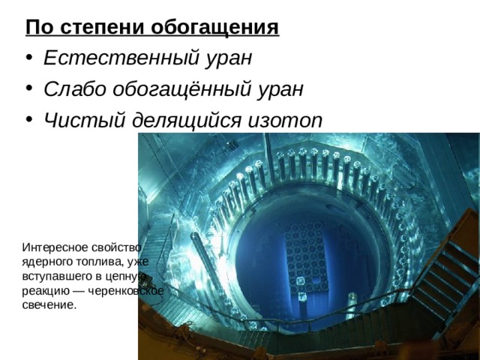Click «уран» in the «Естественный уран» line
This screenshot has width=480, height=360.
231,58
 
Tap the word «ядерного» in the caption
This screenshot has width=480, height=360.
46,261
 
